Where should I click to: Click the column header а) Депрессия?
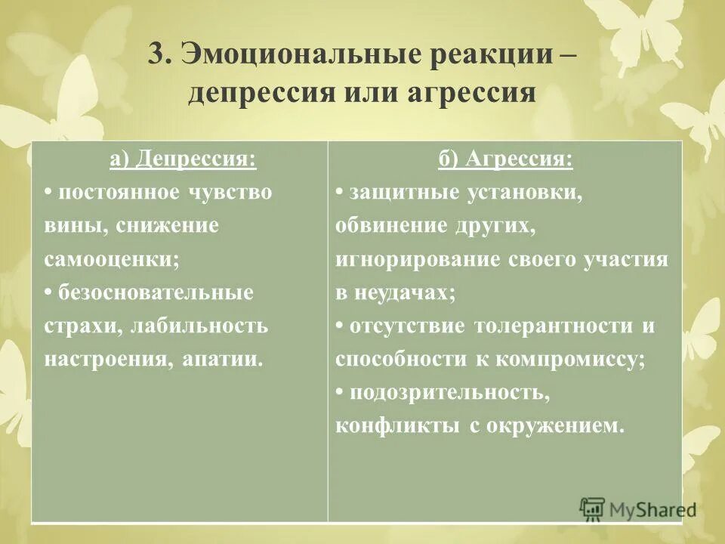click(182, 159)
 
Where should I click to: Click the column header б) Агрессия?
click(504, 159)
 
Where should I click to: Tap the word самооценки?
click(110, 258)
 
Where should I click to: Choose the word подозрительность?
click(443, 391)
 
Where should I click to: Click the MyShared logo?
click(638, 509)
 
